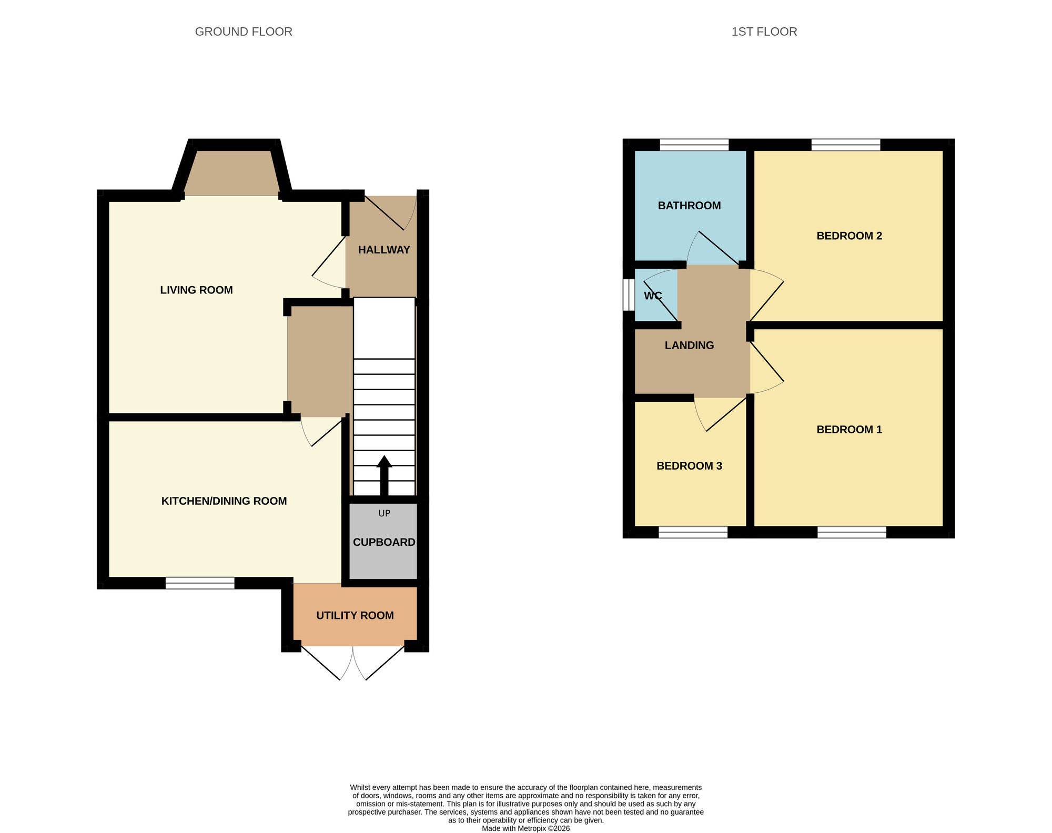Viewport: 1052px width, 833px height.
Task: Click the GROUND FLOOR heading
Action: coord(244,32)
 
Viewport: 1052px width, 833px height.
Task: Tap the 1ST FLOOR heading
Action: coord(764,32)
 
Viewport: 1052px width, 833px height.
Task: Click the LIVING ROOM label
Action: coord(196,290)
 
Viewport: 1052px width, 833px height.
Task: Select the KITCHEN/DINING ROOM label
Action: coord(224,501)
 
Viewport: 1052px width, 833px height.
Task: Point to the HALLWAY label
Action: coord(384,250)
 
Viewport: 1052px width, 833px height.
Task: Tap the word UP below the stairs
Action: coord(384,513)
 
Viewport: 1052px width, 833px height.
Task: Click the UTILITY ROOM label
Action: coord(355,615)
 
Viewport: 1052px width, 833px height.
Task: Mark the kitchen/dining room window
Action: coord(200,583)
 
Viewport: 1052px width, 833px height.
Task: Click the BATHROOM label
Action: coord(689,206)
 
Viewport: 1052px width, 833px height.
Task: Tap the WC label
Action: coord(653,296)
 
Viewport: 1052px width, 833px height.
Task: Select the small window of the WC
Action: coord(628,294)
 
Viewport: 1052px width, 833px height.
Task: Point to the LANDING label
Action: coord(689,346)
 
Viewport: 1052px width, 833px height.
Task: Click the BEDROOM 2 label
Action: coord(849,236)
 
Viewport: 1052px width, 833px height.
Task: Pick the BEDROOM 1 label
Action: coord(849,430)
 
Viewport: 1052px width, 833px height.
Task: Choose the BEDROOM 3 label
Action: coord(689,466)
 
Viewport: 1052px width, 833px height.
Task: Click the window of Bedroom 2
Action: coord(846,145)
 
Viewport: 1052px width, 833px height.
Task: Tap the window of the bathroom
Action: coord(694,145)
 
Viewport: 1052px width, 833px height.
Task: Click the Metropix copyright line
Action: coord(525,828)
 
